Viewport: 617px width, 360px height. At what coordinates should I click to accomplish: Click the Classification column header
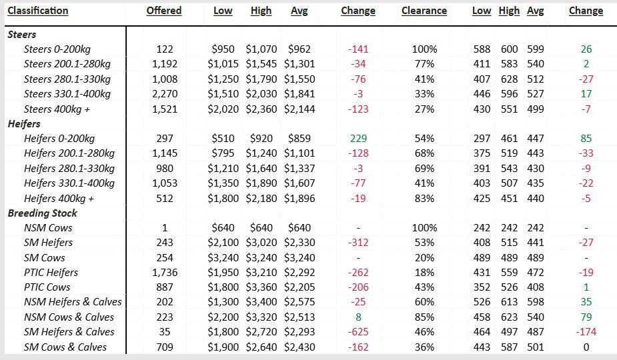[x=37, y=11]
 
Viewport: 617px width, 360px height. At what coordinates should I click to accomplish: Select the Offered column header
[x=163, y=11]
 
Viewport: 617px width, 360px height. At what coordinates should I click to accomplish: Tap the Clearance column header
[x=424, y=11]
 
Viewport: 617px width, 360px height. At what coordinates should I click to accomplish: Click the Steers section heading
[x=21, y=34]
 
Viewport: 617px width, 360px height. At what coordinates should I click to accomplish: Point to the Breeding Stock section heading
[x=42, y=213]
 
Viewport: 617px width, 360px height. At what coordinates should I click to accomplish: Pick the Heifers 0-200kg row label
[x=59, y=139]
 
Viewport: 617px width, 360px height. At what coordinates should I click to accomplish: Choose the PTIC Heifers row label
[x=51, y=272]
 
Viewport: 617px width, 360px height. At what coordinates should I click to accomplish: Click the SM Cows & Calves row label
[x=65, y=347]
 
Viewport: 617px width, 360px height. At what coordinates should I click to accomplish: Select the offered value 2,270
[x=164, y=94]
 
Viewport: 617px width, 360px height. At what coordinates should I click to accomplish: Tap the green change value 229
[x=358, y=139]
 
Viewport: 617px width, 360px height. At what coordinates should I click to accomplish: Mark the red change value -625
[x=358, y=332]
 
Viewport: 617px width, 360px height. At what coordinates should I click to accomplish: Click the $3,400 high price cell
[x=261, y=302]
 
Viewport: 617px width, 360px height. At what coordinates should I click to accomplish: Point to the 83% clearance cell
[x=424, y=198]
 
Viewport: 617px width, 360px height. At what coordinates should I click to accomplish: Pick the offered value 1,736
[x=164, y=272]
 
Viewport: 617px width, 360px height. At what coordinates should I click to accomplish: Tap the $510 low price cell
[x=223, y=139]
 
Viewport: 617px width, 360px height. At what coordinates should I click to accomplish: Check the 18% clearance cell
[x=424, y=272]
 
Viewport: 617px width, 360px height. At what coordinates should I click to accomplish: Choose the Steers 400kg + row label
[x=57, y=109]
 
